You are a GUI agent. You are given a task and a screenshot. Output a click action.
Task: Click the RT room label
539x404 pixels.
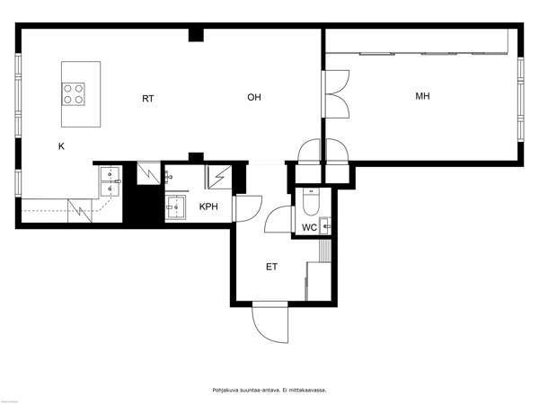(148, 99)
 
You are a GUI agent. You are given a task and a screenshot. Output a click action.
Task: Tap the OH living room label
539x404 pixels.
(254, 98)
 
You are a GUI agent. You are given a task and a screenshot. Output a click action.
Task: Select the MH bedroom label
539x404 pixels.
(422, 96)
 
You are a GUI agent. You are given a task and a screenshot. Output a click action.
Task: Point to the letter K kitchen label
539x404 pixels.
(61, 146)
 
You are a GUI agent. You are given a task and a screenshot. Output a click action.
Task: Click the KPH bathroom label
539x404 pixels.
(208, 206)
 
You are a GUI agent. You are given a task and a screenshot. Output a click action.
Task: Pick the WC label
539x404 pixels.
(309, 227)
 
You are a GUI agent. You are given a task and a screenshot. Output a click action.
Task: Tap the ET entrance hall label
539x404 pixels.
(271, 267)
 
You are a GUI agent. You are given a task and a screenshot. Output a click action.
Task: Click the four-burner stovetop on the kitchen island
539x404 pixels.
(74, 94)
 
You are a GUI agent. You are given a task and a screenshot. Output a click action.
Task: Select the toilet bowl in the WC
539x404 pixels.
(312, 202)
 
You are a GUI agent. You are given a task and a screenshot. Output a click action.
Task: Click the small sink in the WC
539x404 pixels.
(325, 226)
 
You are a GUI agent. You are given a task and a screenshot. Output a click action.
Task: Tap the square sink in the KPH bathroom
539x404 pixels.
(175, 207)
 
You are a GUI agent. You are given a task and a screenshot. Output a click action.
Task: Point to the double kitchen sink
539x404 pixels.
(110, 181)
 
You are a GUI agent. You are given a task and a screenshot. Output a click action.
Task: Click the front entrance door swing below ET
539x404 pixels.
(270, 324)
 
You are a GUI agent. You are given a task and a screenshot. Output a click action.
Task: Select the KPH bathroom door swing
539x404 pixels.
(248, 208)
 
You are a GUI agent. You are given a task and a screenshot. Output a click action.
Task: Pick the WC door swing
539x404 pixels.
(278, 220)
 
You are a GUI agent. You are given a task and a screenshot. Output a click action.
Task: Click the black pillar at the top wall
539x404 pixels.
(196, 35)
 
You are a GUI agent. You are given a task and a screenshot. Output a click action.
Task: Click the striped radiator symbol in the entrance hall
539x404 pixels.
(325, 251)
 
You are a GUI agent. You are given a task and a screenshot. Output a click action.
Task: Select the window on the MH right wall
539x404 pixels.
(521, 99)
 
